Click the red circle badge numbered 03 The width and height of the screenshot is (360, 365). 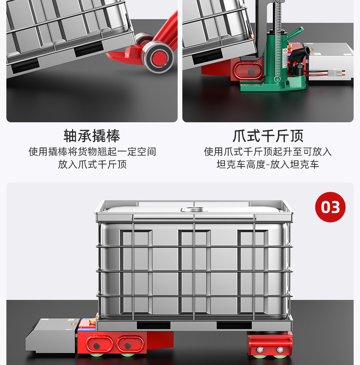coord(330,207)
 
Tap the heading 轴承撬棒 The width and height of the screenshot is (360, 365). coord(92,136)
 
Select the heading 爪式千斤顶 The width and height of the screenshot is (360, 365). coord(268,136)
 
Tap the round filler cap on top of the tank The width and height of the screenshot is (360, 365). coord(194,209)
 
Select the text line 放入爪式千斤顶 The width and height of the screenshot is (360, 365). coord(92,164)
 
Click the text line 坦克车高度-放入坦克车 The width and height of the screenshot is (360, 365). coord(267,164)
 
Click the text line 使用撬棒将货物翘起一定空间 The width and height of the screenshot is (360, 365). coord(93,152)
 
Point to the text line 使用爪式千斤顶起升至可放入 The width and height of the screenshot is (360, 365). coord(267,152)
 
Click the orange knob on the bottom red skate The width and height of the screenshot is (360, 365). coord(93,320)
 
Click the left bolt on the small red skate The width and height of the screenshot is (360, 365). coord(260,349)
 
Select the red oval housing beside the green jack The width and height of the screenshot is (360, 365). coord(248,71)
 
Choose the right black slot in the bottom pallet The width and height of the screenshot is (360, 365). coord(234,325)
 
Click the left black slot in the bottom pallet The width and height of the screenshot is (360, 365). coord(154,325)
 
